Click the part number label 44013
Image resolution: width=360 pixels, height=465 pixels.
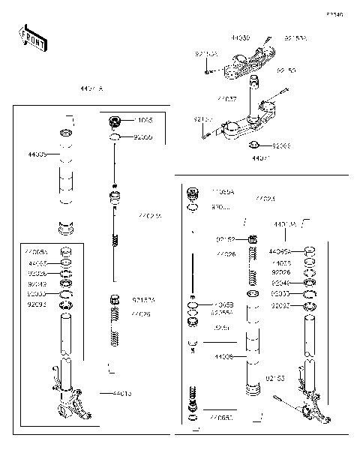[x=122, y=393]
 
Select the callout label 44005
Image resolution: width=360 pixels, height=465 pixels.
[x=37, y=154]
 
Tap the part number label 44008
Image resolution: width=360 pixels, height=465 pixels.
[x=223, y=357]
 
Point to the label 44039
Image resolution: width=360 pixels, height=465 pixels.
[x=240, y=36]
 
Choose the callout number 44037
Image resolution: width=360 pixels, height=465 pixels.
[x=226, y=98]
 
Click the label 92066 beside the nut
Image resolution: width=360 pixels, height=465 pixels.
[x=281, y=145]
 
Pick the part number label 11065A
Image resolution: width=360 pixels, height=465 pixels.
[x=223, y=192]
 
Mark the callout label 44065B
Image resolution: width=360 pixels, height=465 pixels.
[x=223, y=304]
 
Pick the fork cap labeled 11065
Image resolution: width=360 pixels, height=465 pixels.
[x=115, y=122]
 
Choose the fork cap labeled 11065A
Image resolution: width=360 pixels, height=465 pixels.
[x=192, y=192]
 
